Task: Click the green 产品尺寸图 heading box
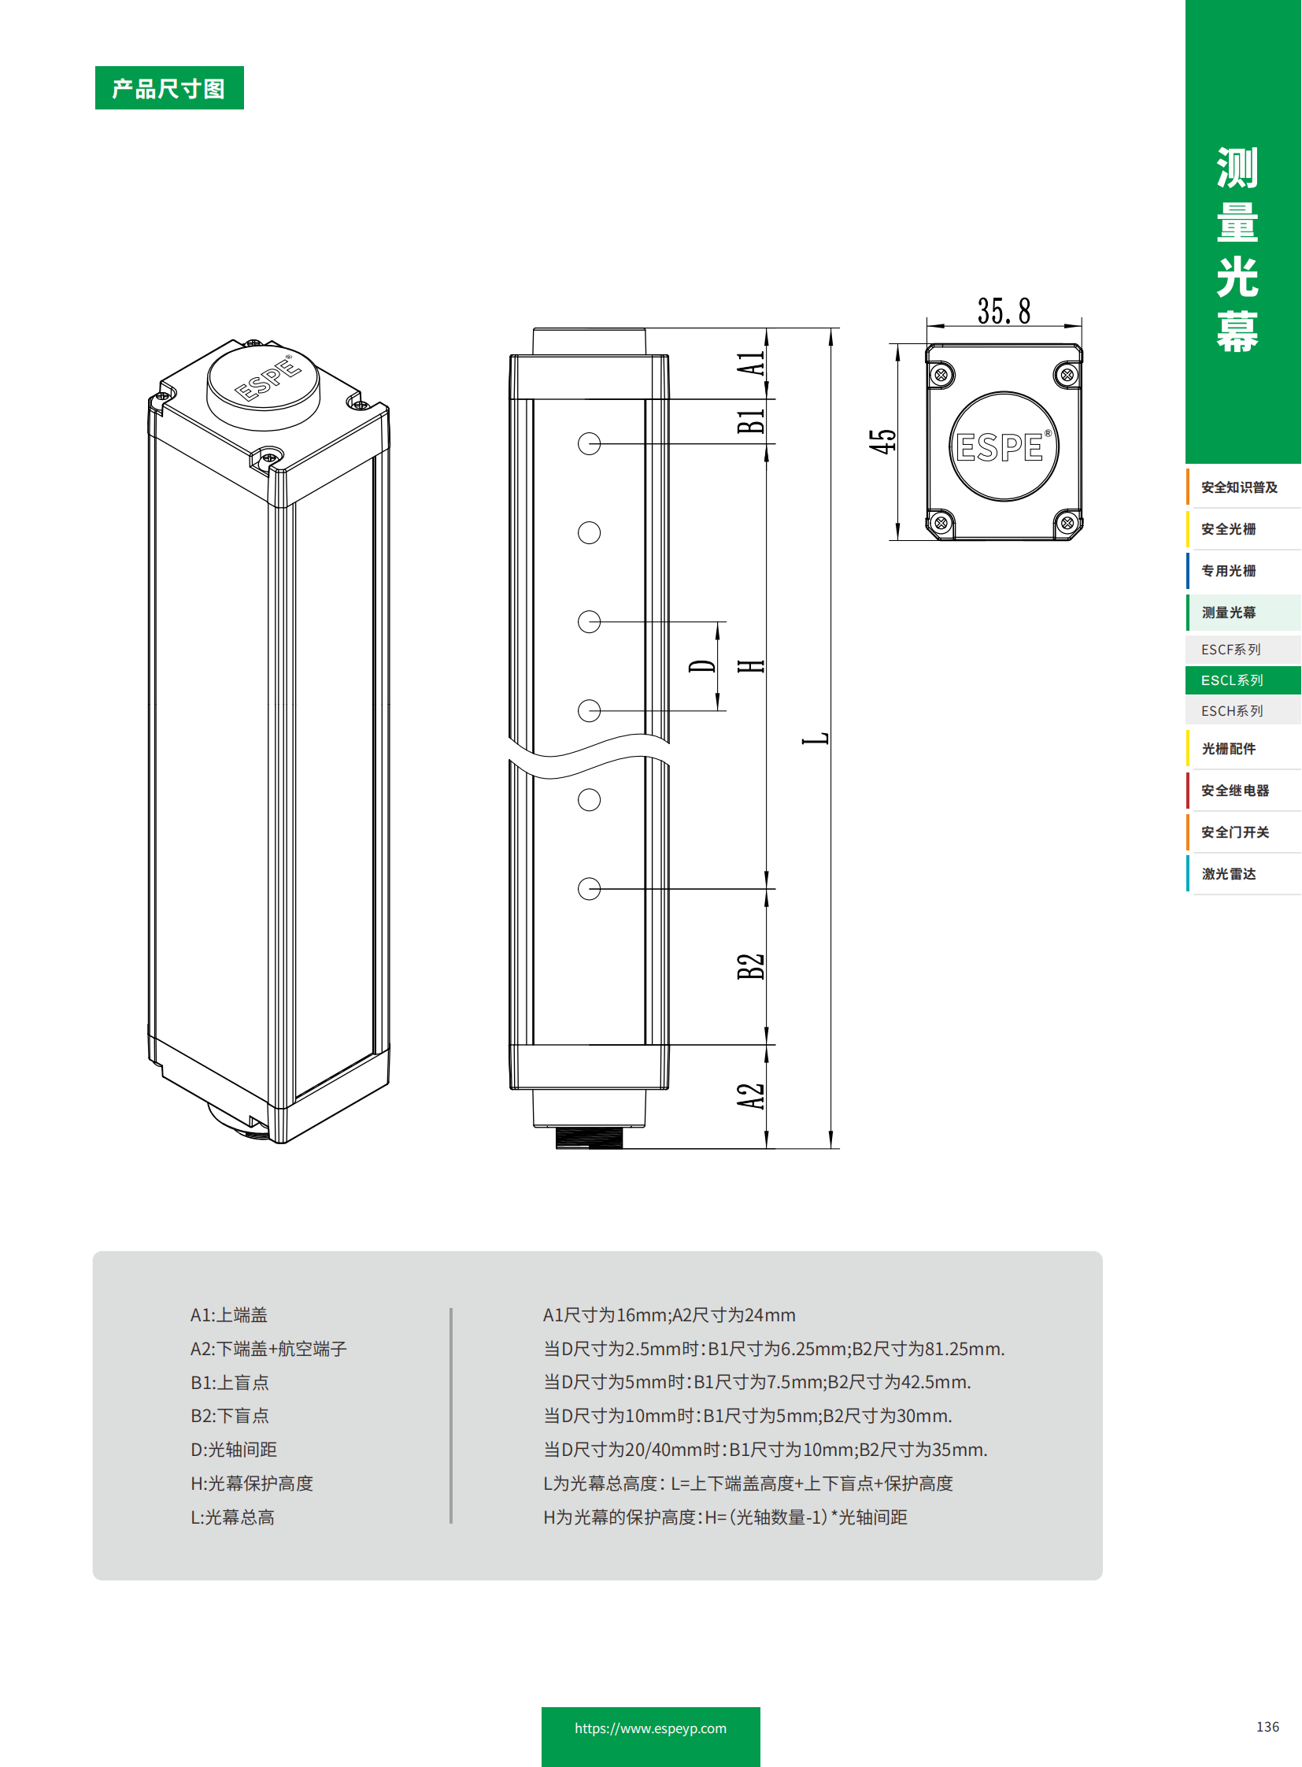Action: (x=168, y=87)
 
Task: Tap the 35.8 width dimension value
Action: (x=1004, y=311)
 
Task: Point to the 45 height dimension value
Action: (x=882, y=441)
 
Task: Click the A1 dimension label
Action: (x=750, y=365)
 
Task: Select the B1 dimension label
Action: (x=750, y=422)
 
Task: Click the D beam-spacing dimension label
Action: (x=701, y=666)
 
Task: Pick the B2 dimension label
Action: (x=750, y=966)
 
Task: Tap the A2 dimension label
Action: (x=750, y=1096)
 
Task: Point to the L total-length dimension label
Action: (x=815, y=738)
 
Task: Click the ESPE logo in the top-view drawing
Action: (x=1003, y=447)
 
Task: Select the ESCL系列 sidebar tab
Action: (x=1232, y=680)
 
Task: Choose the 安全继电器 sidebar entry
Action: (x=1234, y=790)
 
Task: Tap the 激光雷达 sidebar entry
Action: (x=1228, y=873)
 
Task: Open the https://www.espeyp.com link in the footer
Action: (x=650, y=1728)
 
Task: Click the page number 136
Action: (x=1267, y=1726)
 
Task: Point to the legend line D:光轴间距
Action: (x=233, y=1449)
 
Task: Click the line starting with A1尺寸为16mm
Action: (x=668, y=1314)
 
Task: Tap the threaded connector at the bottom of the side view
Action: (x=589, y=1137)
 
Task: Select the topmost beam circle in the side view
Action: (x=589, y=444)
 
